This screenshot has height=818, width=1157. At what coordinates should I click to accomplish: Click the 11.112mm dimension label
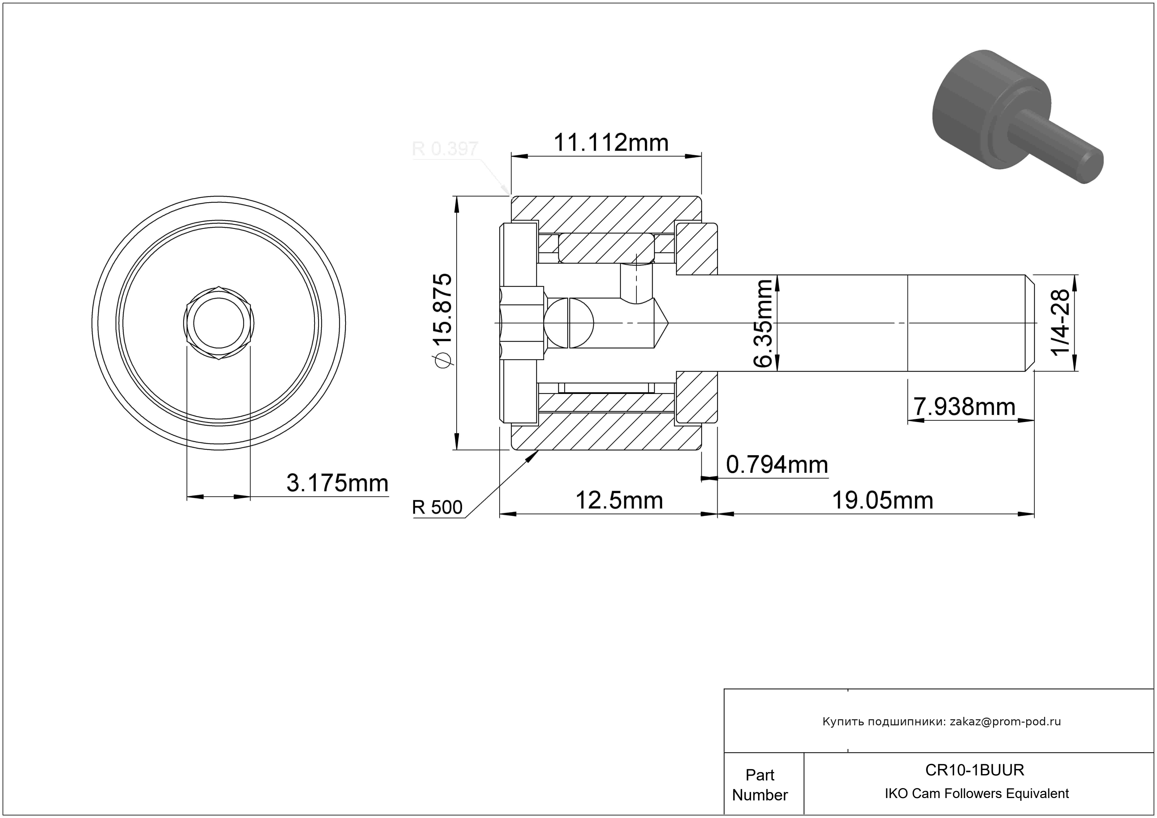tap(611, 143)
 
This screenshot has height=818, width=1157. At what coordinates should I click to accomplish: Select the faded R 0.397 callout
tap(445, 149)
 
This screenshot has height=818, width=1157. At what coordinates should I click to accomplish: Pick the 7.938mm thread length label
tap(964, 407)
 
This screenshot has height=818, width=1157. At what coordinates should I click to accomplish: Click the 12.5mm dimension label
tap(619, 501)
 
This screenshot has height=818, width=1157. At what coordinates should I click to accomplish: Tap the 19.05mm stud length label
tap(882, 501)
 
